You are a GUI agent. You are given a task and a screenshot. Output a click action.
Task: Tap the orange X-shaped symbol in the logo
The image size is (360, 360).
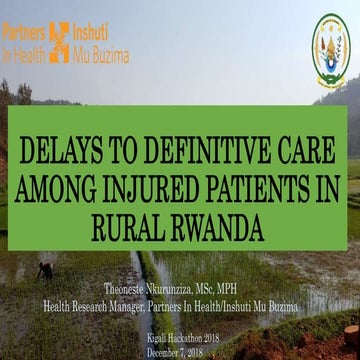pyautogui.click(x=59, y=43)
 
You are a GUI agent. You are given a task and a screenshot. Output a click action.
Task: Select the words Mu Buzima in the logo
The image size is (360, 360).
pyautogui.click(x=100, y=56)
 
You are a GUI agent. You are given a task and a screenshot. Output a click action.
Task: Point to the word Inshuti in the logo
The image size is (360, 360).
pyautogui.click(x=98, y=31)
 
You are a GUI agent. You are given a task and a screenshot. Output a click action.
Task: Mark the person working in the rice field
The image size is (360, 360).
pyautogui.click(x=45, y=270)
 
